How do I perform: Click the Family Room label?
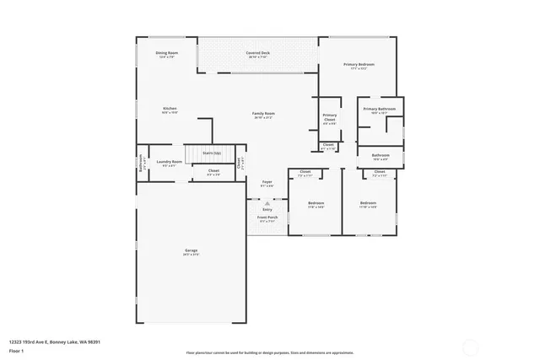(x=264, y=114)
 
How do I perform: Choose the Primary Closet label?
(x=329, y=117)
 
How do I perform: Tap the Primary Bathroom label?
(x=380, y=110)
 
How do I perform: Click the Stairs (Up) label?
(x=212, y=153)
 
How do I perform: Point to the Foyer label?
(x=267, y=182)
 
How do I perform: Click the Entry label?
(x=267, y=209)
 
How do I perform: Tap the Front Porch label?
(x=267, y=218)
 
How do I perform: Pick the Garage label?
(x=192, y=251)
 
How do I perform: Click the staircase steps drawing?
(x=197, y=153)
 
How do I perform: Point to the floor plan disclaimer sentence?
(x=270, y=353)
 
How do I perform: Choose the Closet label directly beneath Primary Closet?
(x=328, y=145)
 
